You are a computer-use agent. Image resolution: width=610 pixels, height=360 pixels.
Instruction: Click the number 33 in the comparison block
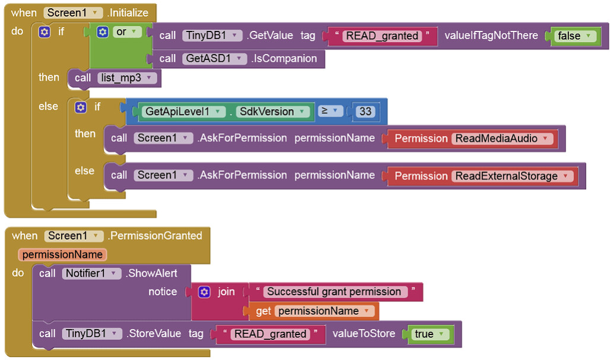click(365, 111)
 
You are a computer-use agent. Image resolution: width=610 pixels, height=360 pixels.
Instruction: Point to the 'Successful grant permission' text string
click(334, 292)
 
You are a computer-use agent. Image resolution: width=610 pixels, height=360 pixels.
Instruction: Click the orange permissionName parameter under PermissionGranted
click(63, 255)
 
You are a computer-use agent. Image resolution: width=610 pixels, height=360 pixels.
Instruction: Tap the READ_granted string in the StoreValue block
click(270, 334)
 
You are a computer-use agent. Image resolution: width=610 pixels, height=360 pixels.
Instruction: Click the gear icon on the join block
click(204, 292)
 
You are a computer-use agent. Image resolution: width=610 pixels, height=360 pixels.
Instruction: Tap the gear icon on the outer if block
click(45, 32)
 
